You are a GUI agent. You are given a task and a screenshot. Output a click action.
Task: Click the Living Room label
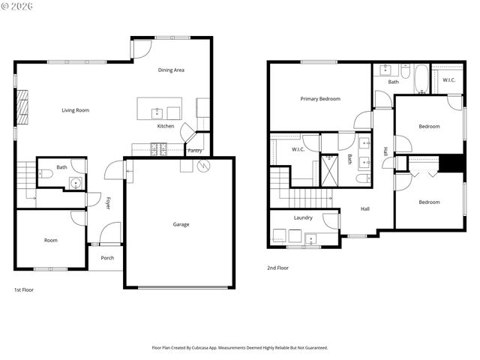coord(75,110)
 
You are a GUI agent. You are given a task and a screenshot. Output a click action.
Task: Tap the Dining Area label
coord(171,70)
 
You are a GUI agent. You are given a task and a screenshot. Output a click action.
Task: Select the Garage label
coord(181,224)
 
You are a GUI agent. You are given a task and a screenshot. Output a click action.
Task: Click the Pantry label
coord(194,151)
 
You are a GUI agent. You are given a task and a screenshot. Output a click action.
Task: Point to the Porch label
coord(107,258)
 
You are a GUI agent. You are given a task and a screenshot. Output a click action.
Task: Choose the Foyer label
coord(108,202)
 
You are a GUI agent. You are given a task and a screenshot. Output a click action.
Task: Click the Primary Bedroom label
coord(320,99)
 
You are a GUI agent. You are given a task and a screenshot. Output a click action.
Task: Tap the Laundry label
coord(303,218)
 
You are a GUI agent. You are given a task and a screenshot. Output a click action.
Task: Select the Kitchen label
coord(166,126)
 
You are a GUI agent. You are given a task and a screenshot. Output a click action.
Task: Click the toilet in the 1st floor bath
coord(46,174)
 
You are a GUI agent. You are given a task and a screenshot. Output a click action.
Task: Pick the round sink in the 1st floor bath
coord(75,181)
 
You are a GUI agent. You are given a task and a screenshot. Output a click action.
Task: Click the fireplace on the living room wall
coord(23,107)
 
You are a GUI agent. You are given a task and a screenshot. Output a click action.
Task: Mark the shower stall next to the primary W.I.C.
coord(329,169)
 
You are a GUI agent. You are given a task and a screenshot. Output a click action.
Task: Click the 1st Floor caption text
coord(24,289)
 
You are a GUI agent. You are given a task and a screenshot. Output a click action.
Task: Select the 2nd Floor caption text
coord(277,268)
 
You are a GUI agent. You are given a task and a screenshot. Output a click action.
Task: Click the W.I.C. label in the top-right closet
coord(448,80)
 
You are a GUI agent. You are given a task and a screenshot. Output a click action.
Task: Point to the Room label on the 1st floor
coord(50,241)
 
